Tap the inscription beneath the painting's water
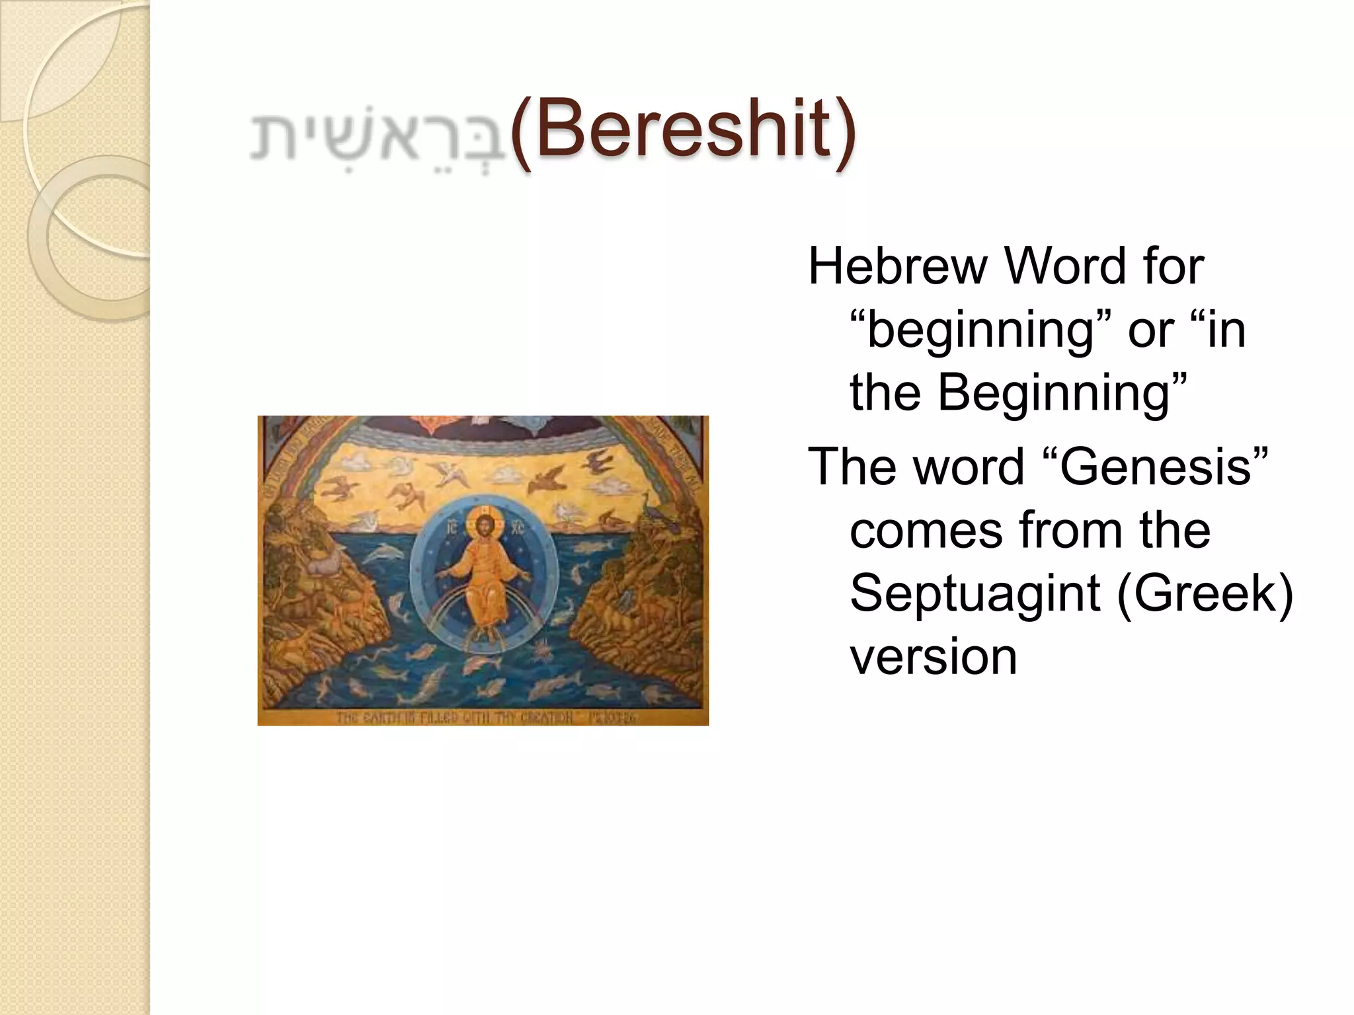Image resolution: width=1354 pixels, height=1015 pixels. [x=485, y=717]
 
